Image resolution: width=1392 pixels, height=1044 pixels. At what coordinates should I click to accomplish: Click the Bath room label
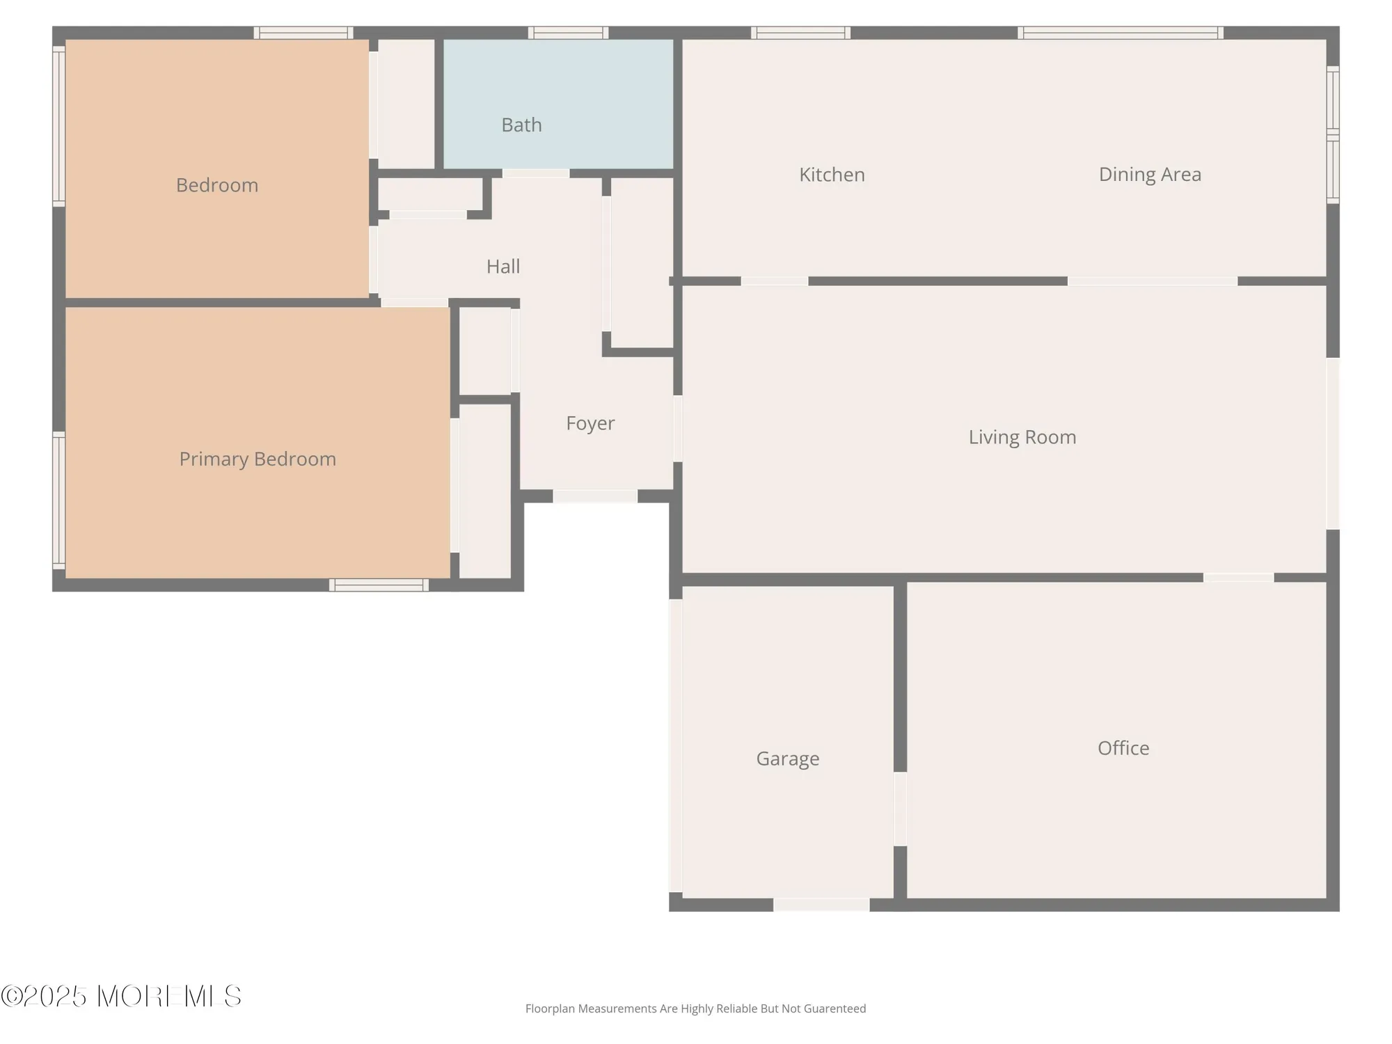click(521, 125)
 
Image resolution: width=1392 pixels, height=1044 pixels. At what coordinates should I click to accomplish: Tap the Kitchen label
click(832, 175)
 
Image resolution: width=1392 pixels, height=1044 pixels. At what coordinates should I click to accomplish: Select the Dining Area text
click(1150, 175)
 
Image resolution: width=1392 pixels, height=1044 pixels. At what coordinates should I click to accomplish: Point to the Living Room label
click(1022, 437)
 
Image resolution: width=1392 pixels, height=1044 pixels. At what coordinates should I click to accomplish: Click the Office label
click(1123, 748)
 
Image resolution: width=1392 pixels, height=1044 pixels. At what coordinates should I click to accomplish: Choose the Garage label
click(787, 759)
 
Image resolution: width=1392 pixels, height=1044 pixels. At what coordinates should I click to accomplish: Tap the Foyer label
click(590, 423)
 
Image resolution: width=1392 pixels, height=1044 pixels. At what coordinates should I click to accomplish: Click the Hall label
click(503, 267)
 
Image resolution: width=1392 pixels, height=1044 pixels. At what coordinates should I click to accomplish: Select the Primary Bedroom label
click(258, 459)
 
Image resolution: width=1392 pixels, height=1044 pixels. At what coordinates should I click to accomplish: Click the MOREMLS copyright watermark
click(122, 996)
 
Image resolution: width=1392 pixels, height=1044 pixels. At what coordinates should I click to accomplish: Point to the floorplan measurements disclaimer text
click(695, 1009)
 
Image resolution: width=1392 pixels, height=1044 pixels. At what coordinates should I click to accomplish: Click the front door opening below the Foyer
click(595, 496)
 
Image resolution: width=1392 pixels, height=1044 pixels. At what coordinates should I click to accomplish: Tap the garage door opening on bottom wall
click(821, 904)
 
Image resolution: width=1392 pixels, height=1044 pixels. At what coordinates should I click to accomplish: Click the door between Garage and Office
click(900, 809)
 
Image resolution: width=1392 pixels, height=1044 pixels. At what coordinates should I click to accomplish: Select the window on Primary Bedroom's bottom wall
click(379, 585)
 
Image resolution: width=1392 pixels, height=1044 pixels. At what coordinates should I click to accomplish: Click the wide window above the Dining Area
click(1121, 33)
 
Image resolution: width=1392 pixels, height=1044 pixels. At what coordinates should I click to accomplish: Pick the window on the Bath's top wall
click(568, 33)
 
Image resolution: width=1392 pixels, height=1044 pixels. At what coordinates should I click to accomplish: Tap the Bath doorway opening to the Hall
click(535, 173)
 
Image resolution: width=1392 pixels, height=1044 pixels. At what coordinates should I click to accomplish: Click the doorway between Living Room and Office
click(1238, 578)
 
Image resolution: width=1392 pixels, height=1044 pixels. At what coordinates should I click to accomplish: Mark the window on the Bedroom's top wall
click(303, 33)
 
